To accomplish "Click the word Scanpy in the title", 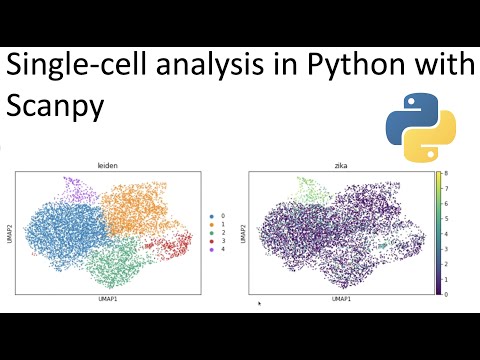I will click(x=55, y=106).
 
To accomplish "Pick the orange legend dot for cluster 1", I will click(x=211, y=225).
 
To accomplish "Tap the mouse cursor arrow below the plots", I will click(x=259, y=303).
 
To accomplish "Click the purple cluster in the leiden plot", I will click(x=72, y=187).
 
